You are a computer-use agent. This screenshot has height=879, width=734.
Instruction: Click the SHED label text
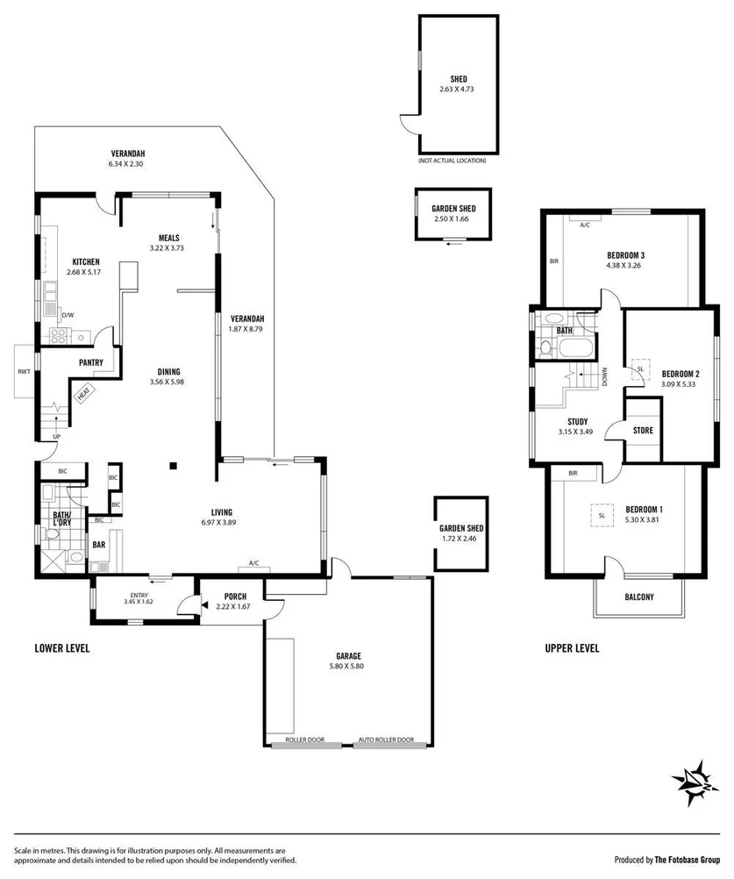[x=458, y=78]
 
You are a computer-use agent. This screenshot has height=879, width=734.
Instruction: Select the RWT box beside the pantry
[x=24, y=372]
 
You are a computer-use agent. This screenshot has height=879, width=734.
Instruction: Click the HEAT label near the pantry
[x=84, y=394]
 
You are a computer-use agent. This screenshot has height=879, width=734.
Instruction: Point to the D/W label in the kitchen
[x=68, y=314]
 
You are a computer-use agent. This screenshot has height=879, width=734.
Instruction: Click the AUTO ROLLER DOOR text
[x=386, y=740]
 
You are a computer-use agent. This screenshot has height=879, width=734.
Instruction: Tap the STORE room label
[x=642, y=431]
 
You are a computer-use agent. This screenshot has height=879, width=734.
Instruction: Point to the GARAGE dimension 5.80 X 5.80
[x=348, y=667]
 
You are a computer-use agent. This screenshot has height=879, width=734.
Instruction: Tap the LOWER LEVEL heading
[x=62, y=649]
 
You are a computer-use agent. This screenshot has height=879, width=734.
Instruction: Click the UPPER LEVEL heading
[x=572, y=649]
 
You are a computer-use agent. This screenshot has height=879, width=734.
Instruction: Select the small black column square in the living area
[x=174, y=466]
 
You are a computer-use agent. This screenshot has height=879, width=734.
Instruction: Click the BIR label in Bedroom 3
[x=553, y=261]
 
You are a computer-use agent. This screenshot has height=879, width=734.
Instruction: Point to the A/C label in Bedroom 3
[x=586, y=225]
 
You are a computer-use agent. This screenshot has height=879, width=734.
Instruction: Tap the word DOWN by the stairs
[x=605, y=376]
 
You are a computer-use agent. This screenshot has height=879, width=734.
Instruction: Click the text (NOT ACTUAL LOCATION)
[x=452, y=161]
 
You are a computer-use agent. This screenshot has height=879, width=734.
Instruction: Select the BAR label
[x=100, y=545]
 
